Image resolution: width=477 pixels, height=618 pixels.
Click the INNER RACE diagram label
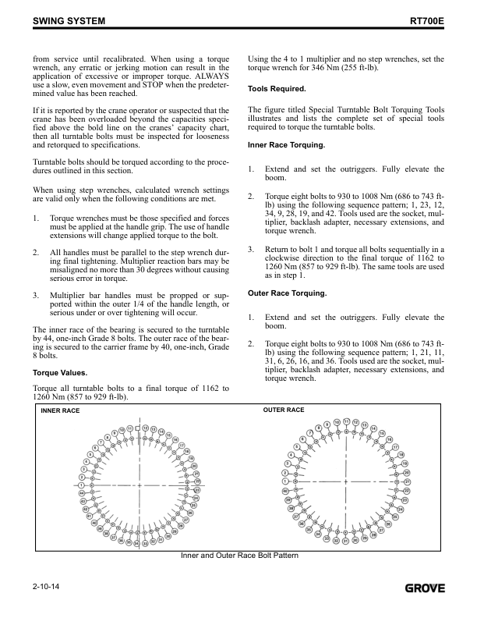60,410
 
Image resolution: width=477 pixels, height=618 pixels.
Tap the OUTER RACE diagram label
284,410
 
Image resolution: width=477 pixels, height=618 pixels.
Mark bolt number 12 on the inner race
145,428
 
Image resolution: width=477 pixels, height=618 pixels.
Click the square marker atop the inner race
138,428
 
